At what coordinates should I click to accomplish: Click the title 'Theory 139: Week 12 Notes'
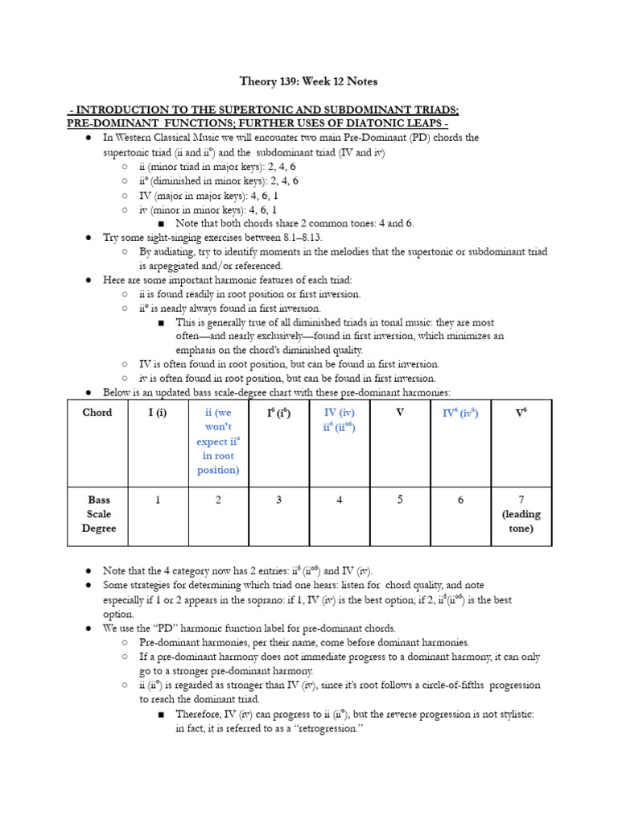309,81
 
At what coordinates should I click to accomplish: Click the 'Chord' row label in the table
97,412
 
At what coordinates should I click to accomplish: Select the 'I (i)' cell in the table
158,412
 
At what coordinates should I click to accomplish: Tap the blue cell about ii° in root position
218,441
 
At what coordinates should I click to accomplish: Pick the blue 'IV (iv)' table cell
339,420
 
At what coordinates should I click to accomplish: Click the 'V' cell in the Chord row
400,412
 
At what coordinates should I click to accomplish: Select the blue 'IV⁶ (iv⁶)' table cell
460,412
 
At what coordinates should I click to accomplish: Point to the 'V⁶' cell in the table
521,412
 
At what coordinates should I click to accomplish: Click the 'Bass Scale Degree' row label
97,514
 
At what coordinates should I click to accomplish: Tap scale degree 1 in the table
158,500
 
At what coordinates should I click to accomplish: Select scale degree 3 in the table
278,500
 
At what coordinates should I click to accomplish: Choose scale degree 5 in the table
400,500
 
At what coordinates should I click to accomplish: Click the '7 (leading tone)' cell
521,514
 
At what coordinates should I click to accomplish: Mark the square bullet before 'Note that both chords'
162,224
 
